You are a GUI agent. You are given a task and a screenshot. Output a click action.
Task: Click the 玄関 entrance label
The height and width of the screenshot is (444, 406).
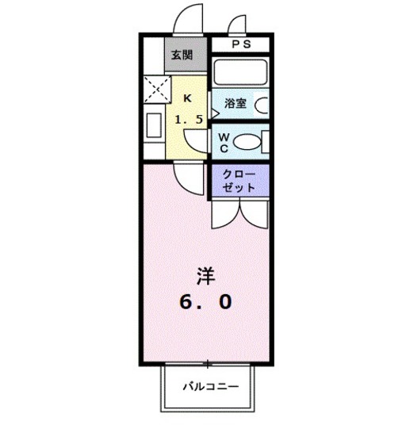pos(181,55)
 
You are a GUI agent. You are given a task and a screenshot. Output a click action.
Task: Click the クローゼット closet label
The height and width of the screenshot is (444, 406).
pos(239,181)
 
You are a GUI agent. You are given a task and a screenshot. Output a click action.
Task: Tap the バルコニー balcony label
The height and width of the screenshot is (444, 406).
pos(209,388)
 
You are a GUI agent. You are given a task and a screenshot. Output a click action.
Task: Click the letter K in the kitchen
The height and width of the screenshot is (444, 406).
pos(188,98)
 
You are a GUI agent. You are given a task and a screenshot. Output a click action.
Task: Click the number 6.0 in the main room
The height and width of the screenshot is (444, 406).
pos(206,302)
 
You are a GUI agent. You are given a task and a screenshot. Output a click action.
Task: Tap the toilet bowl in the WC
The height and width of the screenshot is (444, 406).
pos(248,142)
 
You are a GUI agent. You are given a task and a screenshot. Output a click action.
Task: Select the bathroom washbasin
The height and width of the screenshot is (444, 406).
pos(262,105)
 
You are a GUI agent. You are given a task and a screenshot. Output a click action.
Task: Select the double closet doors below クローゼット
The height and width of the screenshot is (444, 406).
pos(239,212)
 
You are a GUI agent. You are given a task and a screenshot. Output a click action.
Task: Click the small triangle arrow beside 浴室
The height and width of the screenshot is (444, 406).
pos(214,113)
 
